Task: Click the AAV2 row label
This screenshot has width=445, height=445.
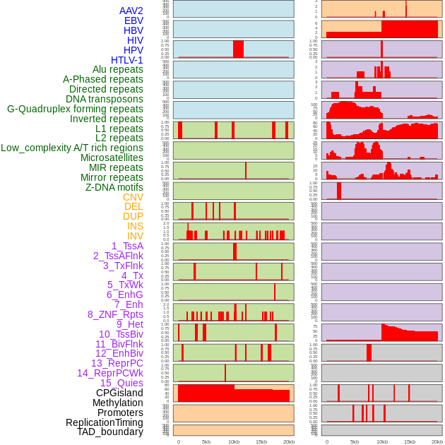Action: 131,11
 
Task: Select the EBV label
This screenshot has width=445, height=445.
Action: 133,20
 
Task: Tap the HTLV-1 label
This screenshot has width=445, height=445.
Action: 127,60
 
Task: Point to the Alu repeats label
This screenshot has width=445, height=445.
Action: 118,69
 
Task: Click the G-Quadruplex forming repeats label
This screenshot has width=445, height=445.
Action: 75,109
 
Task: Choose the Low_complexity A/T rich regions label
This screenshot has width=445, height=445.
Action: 72,148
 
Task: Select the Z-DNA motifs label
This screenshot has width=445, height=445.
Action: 114,187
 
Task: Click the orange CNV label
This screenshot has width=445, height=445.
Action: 133,197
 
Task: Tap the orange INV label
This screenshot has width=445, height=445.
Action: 135,236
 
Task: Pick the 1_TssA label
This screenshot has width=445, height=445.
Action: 127,246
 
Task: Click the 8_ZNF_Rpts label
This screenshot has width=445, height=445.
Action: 115,314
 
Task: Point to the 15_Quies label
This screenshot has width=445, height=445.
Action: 121,383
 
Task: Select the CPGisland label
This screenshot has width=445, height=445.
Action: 119,393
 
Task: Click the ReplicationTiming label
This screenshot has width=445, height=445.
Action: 104,422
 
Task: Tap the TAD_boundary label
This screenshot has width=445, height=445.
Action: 110,432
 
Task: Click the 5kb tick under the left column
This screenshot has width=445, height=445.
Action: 206,441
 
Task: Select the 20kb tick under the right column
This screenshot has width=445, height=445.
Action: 437,441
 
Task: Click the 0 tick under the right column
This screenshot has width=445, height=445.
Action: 326,441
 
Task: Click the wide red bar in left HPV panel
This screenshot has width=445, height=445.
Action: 238,49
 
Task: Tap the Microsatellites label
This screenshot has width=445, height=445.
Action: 112,158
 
